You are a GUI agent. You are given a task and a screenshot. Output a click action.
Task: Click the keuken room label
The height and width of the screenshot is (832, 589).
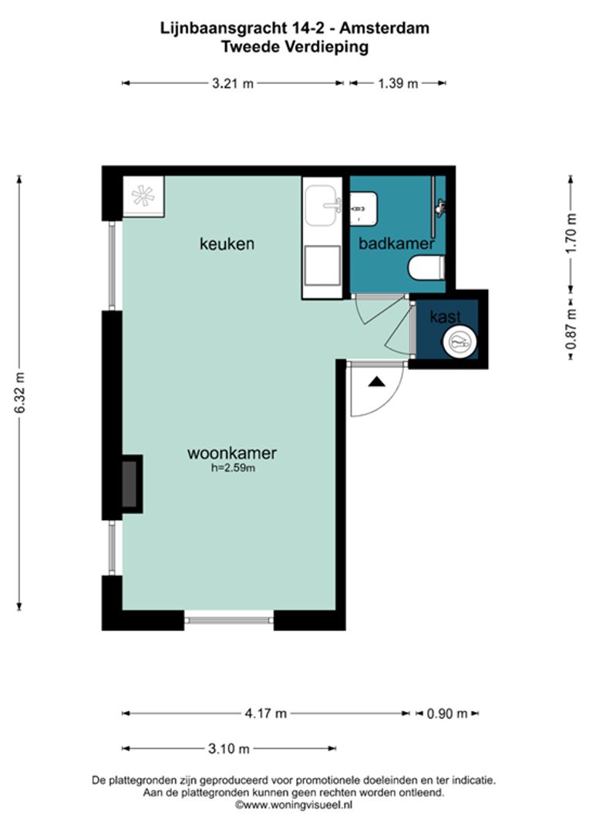coord(227,243)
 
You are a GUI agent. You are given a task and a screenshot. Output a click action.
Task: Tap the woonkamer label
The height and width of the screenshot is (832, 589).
coord(232,453)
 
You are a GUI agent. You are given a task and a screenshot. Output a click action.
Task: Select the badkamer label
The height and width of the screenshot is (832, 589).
coord(397,243)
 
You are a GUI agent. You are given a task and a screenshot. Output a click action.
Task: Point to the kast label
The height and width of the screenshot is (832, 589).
coord(446,317)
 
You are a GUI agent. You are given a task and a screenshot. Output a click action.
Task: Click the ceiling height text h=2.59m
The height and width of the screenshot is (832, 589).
coord(233,468)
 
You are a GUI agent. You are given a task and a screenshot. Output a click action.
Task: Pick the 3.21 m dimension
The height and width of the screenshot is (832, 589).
coord(233,83)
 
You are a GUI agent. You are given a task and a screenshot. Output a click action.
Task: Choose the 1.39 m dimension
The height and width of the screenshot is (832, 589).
coord(399,83)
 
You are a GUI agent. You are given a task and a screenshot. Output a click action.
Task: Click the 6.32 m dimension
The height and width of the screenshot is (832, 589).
coord(19,393)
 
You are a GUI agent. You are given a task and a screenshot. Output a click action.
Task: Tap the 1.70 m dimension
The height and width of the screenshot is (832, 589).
coord(571,233)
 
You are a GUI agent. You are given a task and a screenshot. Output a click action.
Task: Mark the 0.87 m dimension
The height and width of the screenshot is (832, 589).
coord(571,330)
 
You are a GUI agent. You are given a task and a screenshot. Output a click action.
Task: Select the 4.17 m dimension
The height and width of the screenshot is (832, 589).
coord(265,713)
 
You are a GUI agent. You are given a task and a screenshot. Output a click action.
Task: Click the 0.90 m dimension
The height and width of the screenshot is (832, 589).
coord(447,713)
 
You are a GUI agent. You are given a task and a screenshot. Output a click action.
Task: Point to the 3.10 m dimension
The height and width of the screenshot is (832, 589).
coord(228,749)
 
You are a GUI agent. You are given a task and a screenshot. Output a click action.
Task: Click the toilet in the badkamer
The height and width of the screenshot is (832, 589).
coord(426,267)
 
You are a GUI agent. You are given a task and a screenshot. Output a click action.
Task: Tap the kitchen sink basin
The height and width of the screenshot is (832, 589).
coord(321,206)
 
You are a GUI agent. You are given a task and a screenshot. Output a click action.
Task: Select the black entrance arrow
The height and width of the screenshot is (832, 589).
coord(376,381)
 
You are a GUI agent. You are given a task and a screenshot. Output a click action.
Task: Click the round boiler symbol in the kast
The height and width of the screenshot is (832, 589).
coord(459,342)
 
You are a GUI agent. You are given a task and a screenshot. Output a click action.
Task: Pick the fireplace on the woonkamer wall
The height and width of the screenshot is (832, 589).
coord(131,484)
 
